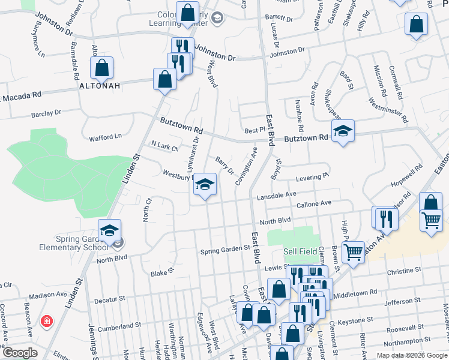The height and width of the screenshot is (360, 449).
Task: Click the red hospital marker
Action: (x=46, y=322)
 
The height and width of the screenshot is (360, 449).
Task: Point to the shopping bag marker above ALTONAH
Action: (x=101, y=67)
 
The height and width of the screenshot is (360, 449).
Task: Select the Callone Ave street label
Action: (x=314, y=203)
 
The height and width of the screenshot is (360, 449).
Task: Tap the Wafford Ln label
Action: (x=106, y=137)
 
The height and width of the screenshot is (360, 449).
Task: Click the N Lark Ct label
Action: (x=164, y=146)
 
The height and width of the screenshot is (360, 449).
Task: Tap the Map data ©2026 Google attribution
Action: (x=411, y=355)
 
